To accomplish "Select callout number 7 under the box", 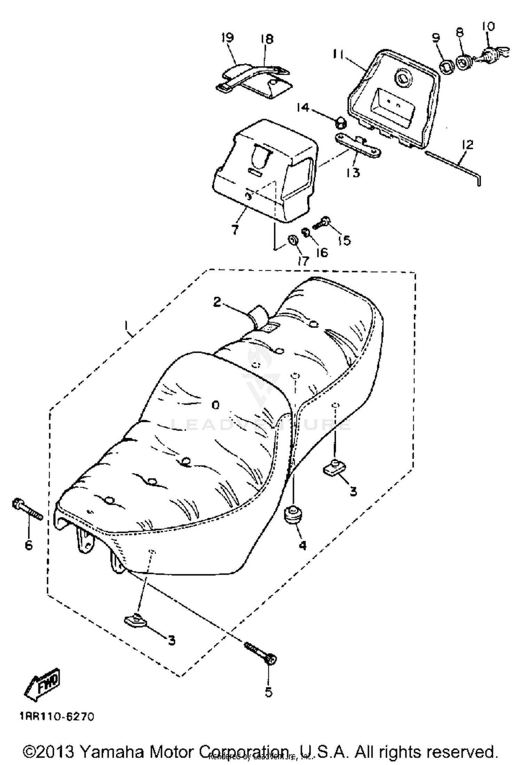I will (235, 229).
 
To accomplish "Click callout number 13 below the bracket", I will (353, 172).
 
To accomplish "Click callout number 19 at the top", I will (228, 38).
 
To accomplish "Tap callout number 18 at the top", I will (267, 39).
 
